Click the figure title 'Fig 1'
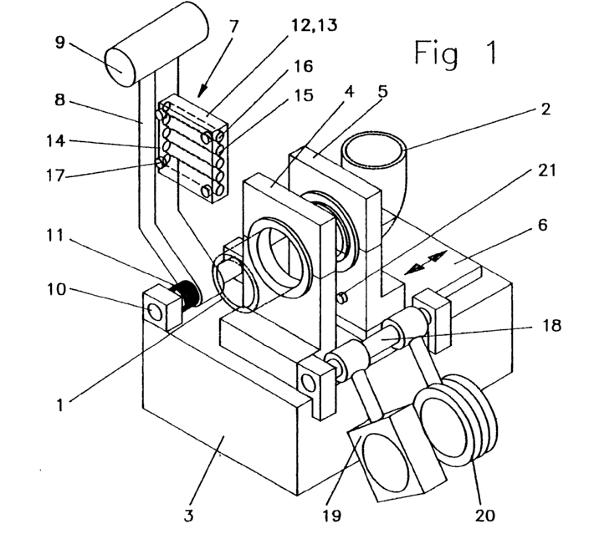pos(456,53)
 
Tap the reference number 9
pos(60,43)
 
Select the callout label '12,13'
pos(315,25)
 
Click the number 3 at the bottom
pos(188,516)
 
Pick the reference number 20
pos(484,516)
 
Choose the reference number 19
pos(331,516)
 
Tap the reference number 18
pos(551,325)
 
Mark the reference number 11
pos(55,236)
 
